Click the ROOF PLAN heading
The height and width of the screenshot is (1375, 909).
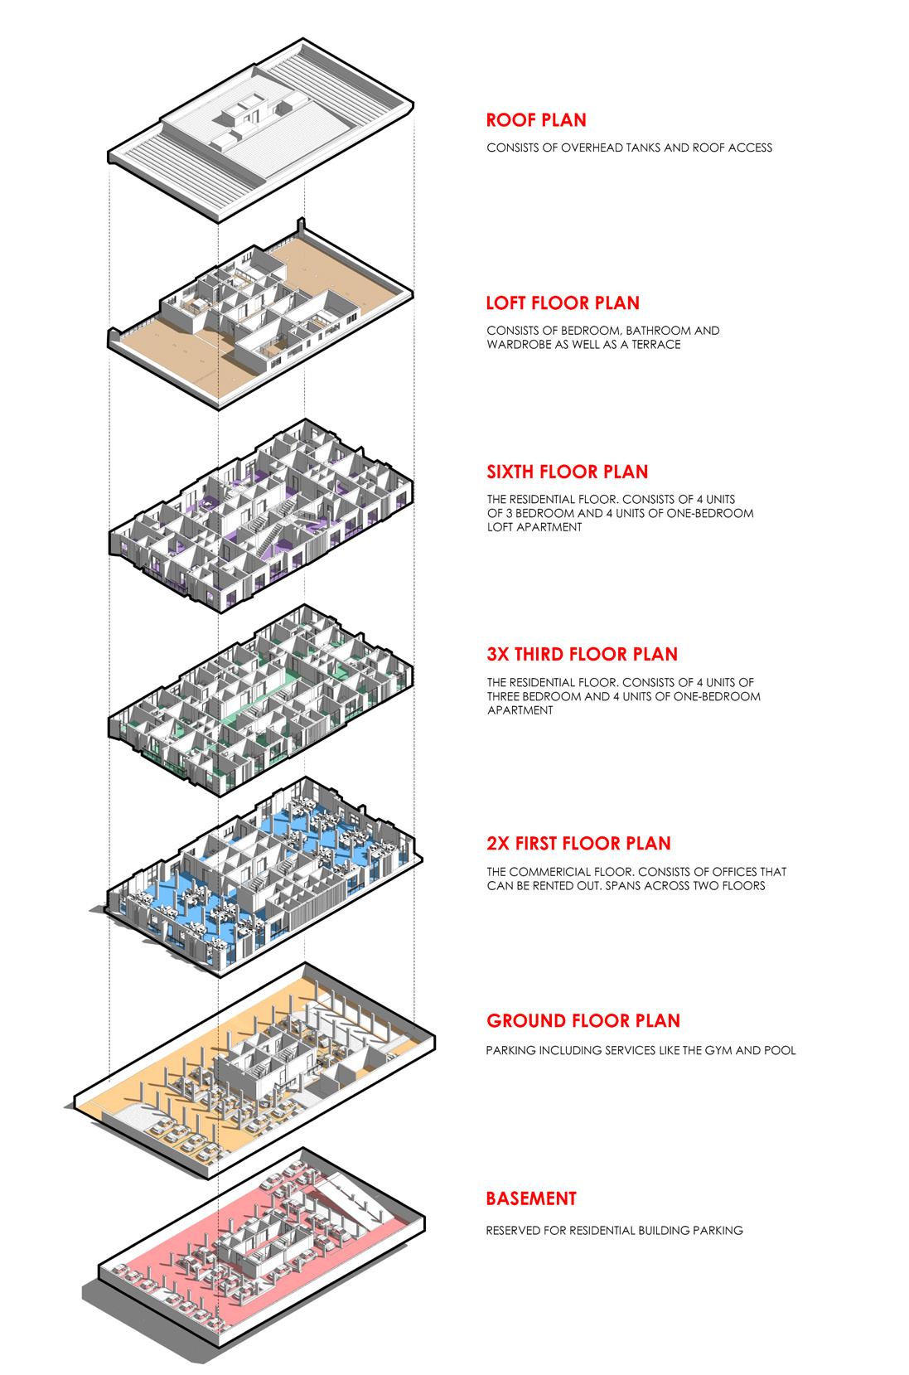(x=535, y=120)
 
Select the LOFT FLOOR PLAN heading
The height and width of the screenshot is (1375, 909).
(x=563, y=303)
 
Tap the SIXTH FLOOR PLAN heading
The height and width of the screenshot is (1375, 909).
(x=567, y=472)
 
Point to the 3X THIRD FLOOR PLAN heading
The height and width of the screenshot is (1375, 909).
(x=582, y=654)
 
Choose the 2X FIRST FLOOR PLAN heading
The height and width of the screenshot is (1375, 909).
(x=578, y=844)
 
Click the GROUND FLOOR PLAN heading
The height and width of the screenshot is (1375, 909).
(x=583, y=1021)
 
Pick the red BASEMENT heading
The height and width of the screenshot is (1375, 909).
(x=530, y=1198)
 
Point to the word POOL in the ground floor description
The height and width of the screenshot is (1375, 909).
(x=780, y=1050)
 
